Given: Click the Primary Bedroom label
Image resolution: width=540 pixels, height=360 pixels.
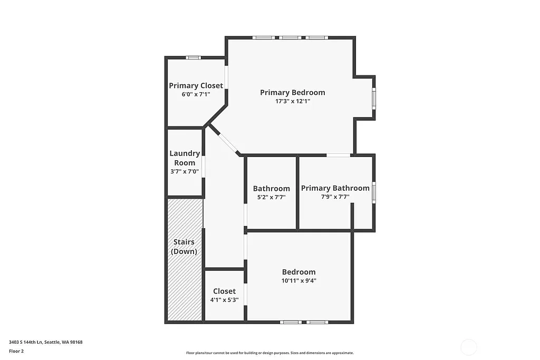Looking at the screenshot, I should click(292, 92).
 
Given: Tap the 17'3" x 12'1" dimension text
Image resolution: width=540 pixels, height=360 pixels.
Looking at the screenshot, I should click(292, 101).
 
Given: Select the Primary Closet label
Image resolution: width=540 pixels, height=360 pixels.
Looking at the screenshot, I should click(196, 85).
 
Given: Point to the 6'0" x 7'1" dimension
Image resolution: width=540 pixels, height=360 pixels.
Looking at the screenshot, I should click(196, 94).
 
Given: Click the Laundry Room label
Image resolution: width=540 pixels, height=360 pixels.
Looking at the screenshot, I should click(185, 158).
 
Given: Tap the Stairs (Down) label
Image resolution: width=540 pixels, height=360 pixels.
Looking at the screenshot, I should click(184, 247).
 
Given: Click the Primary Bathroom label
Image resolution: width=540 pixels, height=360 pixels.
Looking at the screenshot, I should click(335, 188).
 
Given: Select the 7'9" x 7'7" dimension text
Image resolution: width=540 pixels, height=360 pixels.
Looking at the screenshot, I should click(335, 197).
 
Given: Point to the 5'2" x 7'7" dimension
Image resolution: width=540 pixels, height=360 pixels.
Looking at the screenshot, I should click(271, 197).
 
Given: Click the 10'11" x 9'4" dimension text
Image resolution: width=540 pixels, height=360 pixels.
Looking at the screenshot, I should click(298, 281).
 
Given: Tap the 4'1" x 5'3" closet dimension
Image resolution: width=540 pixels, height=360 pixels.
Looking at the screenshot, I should click(224, 300).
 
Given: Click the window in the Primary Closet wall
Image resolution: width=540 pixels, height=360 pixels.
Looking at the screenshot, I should click(193, 57).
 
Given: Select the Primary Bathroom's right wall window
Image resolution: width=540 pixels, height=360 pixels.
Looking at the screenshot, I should click(373, 192).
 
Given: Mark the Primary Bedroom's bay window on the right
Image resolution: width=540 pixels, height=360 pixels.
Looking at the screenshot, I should click(374, 98).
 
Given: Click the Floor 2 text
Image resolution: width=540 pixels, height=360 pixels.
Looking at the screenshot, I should click(16, 351).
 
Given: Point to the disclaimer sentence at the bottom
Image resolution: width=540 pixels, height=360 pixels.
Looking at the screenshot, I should click(269, 353).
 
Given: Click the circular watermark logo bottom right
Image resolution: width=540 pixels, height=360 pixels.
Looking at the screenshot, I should click(468, 347).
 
